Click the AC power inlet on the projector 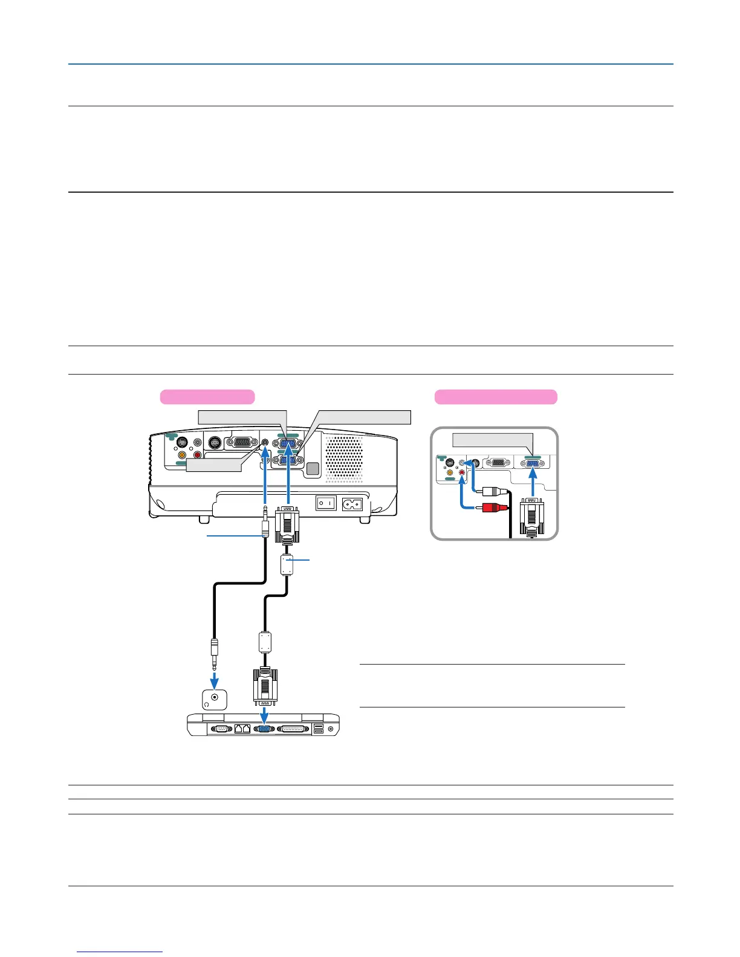point(352,503)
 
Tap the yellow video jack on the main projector point(181,455)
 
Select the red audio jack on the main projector point(196,455)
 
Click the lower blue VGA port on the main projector point(288,461)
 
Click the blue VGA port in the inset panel point(533,464)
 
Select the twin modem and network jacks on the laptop point(242,729)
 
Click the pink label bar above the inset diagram point(496,397)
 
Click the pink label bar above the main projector point(207,397)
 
